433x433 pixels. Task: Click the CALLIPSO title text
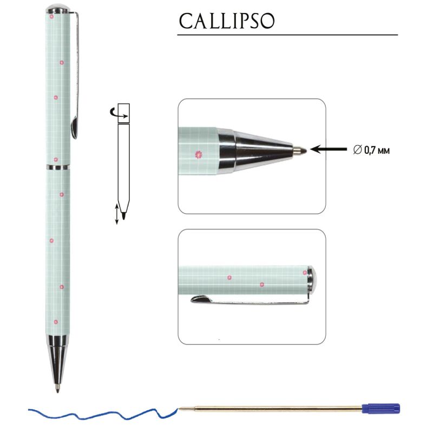(x=227, y=21)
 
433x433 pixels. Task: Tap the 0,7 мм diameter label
(x=372, y=150)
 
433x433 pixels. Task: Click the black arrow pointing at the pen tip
(x=329, y=149)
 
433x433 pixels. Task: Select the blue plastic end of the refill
(x=381, y=409)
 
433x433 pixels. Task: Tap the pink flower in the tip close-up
(x=198, y=155)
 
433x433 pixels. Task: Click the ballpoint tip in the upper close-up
(x=300, y=150)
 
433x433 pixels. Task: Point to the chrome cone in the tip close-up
(x=255, y=150)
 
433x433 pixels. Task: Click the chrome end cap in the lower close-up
(x=312, y=279)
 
